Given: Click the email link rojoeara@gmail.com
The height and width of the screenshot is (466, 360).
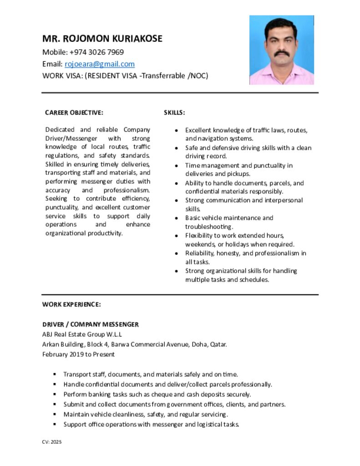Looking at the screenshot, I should tap(100, 64).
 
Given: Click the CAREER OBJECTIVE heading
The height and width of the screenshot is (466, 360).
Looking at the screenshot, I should tap(74, 112).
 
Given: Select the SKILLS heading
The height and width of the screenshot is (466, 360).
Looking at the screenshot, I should tap(174, 112).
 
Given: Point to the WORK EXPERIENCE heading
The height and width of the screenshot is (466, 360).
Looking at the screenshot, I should tap(71, 304).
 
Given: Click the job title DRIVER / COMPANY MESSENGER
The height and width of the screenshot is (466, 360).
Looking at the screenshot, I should tap(90, 324).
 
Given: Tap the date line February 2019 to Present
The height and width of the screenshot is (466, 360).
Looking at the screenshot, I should tap(78, 354).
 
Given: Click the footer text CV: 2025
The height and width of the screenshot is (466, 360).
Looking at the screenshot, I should tap(52, 441).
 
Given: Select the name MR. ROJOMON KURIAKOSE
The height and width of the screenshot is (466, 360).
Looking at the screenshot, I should tap(102, 39).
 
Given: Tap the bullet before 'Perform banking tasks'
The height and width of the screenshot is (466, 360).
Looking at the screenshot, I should tap(55, 395).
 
